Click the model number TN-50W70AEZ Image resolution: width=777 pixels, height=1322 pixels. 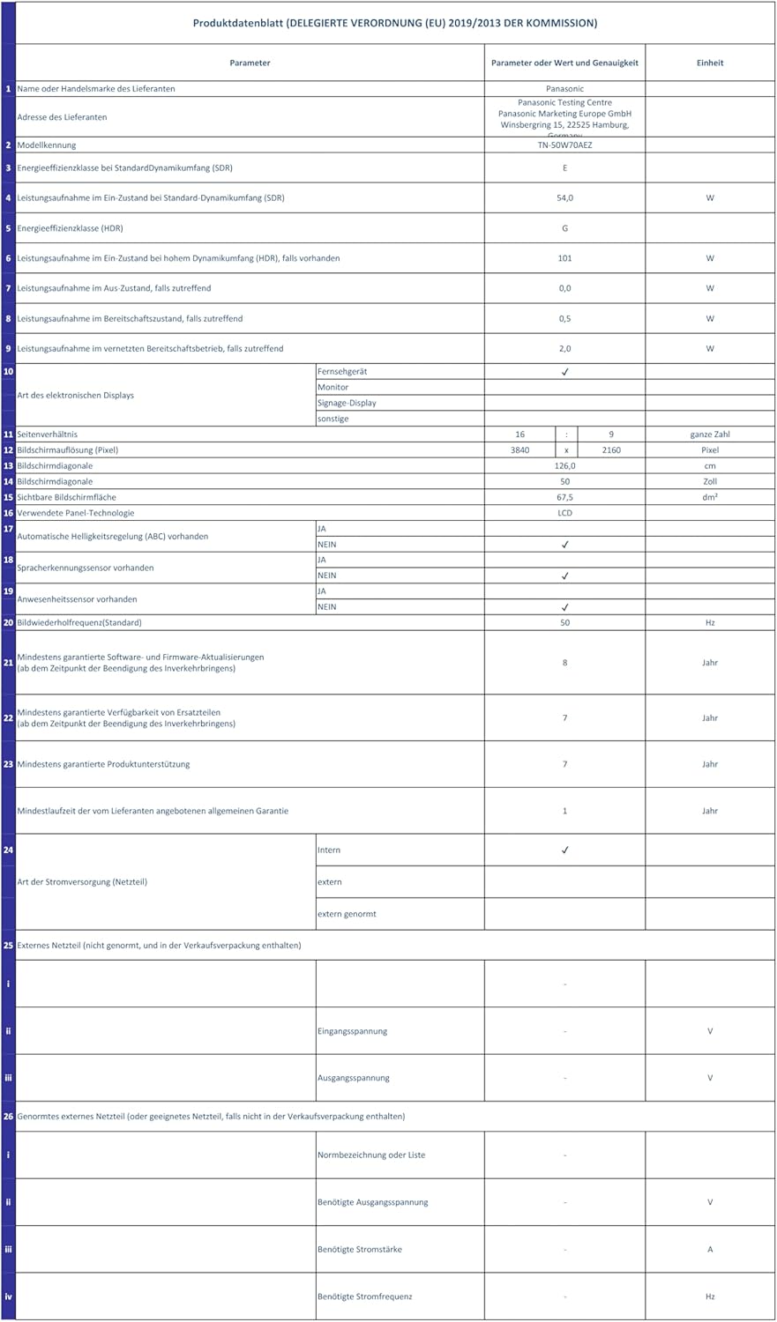pos(564,145)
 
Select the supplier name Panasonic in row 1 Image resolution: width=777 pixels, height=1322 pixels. pos(564,88)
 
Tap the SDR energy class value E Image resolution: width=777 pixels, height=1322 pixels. pos(564,167)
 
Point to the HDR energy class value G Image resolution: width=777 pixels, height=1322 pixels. pos(564,228)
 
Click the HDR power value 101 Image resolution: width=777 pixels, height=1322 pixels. pos(564,258)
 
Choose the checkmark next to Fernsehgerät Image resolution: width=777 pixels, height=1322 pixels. pos(564,372)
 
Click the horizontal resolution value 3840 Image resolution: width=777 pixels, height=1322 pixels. pos(519,449)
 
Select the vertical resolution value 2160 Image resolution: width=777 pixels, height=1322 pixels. pos(611,449)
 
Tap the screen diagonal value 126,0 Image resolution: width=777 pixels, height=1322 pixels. pos(564,465)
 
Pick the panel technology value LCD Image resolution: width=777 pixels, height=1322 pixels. pos(564,513)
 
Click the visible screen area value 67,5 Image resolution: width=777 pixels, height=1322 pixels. pos(564,497)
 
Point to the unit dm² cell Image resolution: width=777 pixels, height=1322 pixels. pos(710,497)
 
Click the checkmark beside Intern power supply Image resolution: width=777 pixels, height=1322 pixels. pos(564,850)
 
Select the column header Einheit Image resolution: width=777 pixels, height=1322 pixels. pos(710,63)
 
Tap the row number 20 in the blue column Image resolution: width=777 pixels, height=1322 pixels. pos(8,622)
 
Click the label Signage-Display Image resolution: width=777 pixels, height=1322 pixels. pos(347,403)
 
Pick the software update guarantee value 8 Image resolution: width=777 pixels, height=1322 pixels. pos(564,663)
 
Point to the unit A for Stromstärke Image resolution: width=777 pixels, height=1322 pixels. pos(710,1249)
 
